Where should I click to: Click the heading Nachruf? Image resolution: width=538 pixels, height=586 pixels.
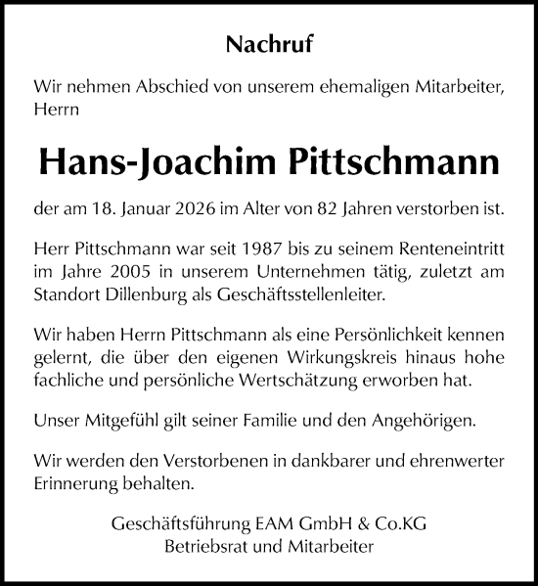[x=269, y=43]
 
